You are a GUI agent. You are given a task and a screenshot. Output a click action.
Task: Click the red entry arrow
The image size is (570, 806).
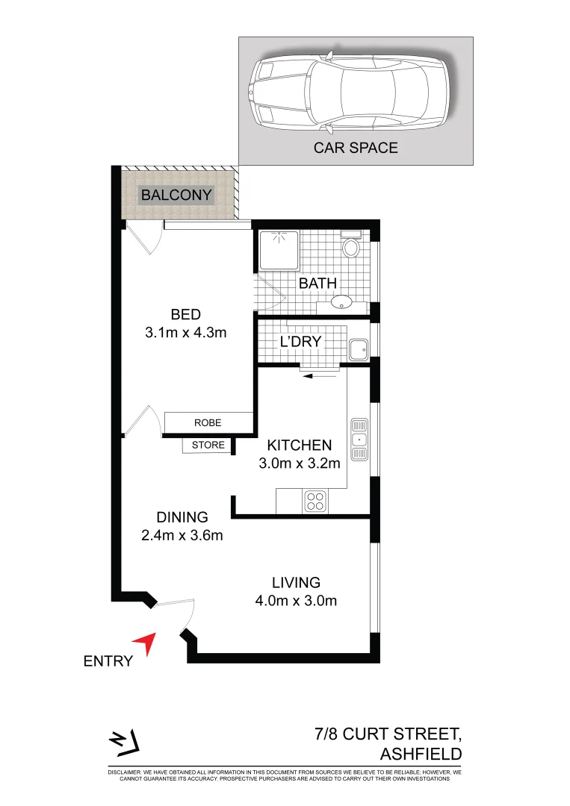146,643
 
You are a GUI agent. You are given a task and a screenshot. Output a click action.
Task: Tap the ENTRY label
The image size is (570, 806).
108,660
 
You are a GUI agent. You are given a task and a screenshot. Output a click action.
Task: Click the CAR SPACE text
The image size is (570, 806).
356,148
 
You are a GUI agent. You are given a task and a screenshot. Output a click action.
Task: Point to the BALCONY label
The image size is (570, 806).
177,196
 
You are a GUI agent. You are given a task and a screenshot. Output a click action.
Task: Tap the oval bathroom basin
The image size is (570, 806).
342,302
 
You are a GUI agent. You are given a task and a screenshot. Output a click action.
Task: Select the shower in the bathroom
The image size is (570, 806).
277,251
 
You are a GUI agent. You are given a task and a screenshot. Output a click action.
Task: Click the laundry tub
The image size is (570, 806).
358,349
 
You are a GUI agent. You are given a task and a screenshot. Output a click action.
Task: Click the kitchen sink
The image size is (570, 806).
359,438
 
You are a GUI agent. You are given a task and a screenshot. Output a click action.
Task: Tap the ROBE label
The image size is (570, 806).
208,422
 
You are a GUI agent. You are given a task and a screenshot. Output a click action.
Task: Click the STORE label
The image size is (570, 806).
208,446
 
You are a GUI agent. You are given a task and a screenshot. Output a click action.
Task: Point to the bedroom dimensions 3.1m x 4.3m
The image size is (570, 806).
185,333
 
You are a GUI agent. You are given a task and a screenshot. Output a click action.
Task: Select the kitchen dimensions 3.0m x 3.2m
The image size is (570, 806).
299,463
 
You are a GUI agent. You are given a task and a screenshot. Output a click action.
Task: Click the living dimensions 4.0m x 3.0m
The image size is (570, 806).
296,601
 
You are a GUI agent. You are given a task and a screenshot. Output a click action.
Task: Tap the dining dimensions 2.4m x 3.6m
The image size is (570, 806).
182,534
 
